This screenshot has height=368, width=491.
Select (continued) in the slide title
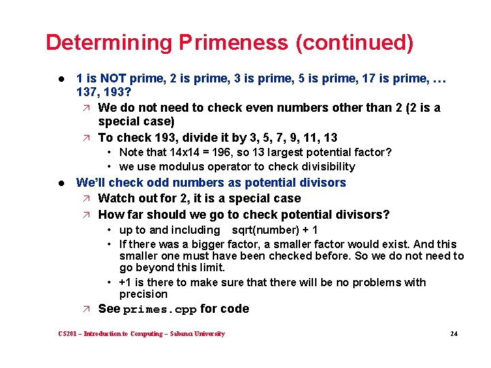point(354,42)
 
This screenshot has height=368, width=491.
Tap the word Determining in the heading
point(109,42)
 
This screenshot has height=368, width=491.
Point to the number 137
point(87,92)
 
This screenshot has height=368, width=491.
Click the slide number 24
point(453,334)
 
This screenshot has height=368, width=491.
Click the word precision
point(143,294)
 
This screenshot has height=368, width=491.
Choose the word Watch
point(116,198)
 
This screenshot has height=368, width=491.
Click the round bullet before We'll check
point(61,183)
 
